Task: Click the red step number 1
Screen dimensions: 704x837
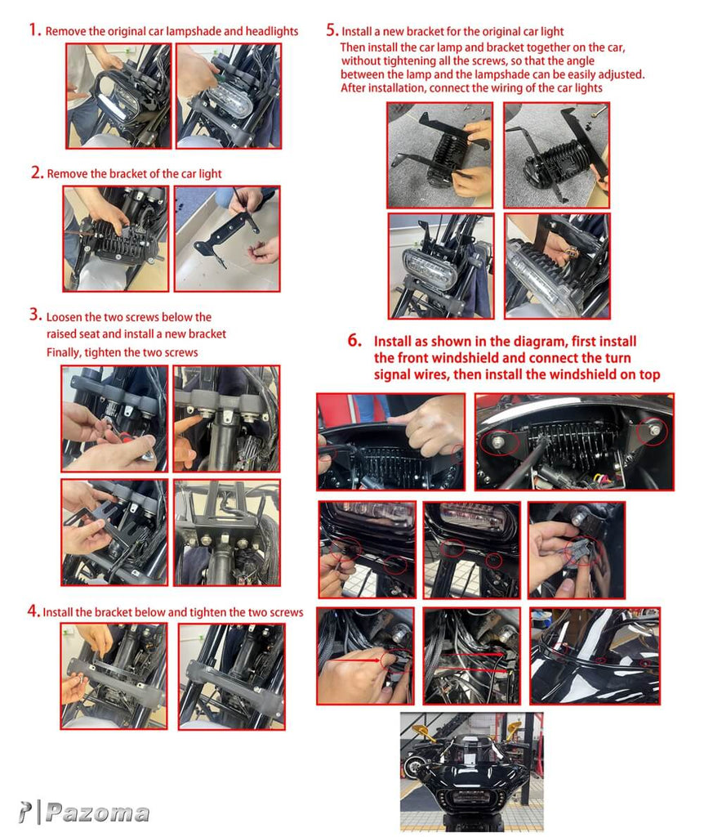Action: (x=34, y=30)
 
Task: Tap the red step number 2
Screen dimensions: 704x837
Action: (x=37, y=172)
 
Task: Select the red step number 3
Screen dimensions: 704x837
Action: (x=35, y=315)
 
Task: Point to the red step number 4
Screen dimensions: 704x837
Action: (x=33, y=611)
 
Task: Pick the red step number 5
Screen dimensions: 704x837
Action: (x=332, y=30)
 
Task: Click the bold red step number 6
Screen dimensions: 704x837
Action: (x=354, y=340)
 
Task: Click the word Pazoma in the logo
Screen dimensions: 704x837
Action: (x=98, y=813)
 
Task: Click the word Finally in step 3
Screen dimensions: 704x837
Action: (x=64, y=353)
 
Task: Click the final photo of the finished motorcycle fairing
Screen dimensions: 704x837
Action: (x=472, y=772)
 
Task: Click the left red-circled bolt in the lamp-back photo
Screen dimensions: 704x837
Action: (x=498, y=441)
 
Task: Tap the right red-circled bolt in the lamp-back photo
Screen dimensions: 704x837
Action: (x=654, y=430)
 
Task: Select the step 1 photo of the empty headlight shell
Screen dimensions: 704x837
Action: (x=119, y=96)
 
